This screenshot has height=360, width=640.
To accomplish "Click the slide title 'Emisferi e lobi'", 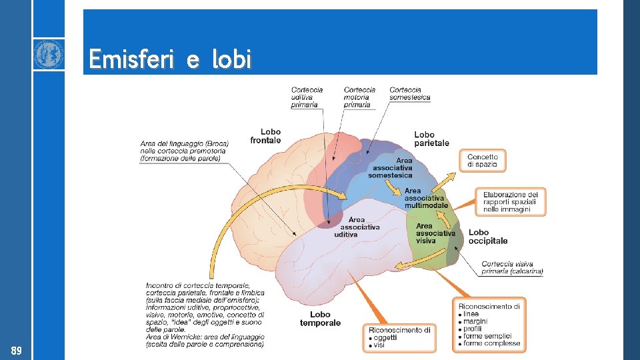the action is (x=170, y=59).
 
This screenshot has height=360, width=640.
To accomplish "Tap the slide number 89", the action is (x=16, y=351).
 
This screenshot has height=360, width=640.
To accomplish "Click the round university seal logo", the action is (x=49, y=54).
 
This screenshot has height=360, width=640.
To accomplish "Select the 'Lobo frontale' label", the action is (x=266, y=136).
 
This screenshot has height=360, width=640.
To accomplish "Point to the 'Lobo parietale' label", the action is (x=431, y=139).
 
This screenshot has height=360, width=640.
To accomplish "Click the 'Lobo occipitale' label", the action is (x=488, y=237).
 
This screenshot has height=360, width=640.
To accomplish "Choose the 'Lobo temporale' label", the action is (x=320, y=319).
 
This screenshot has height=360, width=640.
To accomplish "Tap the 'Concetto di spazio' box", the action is (x=483, y=161).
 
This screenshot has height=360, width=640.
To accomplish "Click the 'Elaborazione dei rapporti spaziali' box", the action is (x=511, y=201).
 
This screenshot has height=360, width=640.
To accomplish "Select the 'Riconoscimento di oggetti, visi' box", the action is (x=399, y=337).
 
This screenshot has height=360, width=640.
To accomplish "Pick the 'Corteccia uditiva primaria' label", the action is (x=307, y=97).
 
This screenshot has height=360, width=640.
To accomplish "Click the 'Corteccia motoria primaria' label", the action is (x=359, y=97).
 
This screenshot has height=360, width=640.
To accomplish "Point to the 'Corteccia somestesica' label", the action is (x=410, y=93).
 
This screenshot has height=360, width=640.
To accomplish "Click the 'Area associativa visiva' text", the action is (x=435, y=233).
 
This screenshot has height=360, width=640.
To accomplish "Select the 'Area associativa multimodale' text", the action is (x=426, y=198).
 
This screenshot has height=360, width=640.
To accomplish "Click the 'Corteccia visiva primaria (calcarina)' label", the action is (x=512, y=267).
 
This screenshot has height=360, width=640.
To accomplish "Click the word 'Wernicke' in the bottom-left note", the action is (x=183, y=337).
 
